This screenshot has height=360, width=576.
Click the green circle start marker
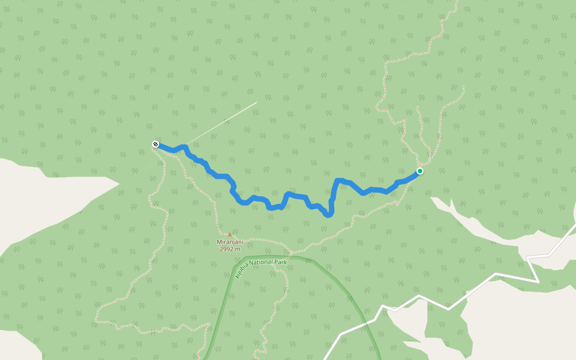(x=420, y=171)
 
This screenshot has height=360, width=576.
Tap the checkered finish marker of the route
(x=155, y=144)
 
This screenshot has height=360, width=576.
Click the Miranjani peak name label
(x=230, y=242)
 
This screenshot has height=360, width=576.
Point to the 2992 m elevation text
(x=230, y=249)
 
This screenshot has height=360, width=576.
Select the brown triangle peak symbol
(x=229, y=235)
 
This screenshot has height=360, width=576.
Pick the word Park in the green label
(x=281, y=262)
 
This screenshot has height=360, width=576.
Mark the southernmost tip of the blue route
(x=329, y=215)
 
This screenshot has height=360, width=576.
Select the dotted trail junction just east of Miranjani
(x=290, y=253)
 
